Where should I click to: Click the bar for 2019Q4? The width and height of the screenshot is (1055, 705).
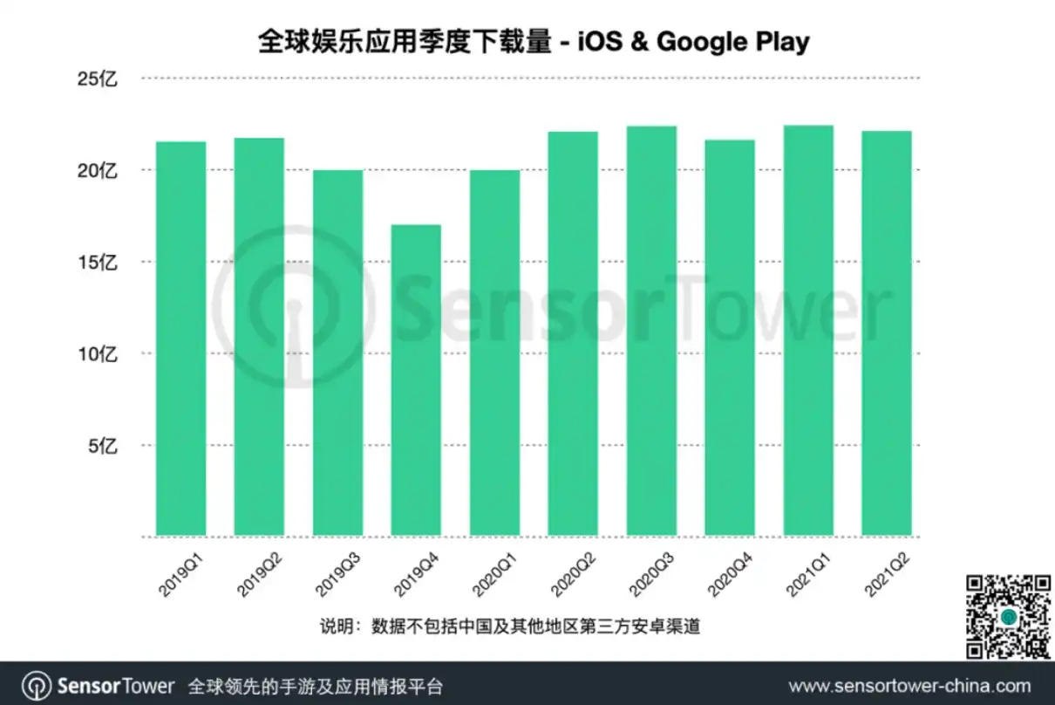[416, 380]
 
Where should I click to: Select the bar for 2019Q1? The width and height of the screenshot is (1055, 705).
[180, 339]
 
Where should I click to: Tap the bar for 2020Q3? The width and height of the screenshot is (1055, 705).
[651, 331]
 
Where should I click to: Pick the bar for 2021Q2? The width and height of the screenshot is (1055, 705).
[887, 333]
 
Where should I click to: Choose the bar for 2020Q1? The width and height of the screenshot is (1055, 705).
[494, 353]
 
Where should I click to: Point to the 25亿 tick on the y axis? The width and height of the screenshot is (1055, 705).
[97, 79]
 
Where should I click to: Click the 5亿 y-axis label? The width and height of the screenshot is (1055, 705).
[102, 446]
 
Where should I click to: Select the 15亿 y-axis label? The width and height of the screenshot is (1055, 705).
[97, 263]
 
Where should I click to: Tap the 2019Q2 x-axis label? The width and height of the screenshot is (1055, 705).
[260, 575]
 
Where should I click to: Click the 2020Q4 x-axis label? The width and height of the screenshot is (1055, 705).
[730, 575]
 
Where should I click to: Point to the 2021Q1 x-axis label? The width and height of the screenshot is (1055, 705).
[808, 575]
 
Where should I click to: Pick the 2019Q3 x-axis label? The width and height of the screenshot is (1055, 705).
[337, 575]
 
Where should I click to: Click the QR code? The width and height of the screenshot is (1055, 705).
[1008, 616]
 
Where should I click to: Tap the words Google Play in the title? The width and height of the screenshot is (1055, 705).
[733, 42]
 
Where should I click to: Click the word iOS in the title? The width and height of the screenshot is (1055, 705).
[600, 41]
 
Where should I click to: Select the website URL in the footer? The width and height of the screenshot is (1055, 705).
[910, 686]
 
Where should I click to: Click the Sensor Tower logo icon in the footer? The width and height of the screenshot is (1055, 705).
[37, 686]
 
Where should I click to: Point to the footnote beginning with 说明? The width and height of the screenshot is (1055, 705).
[510, 626]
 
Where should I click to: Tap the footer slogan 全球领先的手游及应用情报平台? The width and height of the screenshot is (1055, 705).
[316, 687]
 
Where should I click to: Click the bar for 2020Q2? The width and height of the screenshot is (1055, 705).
[573, 333]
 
